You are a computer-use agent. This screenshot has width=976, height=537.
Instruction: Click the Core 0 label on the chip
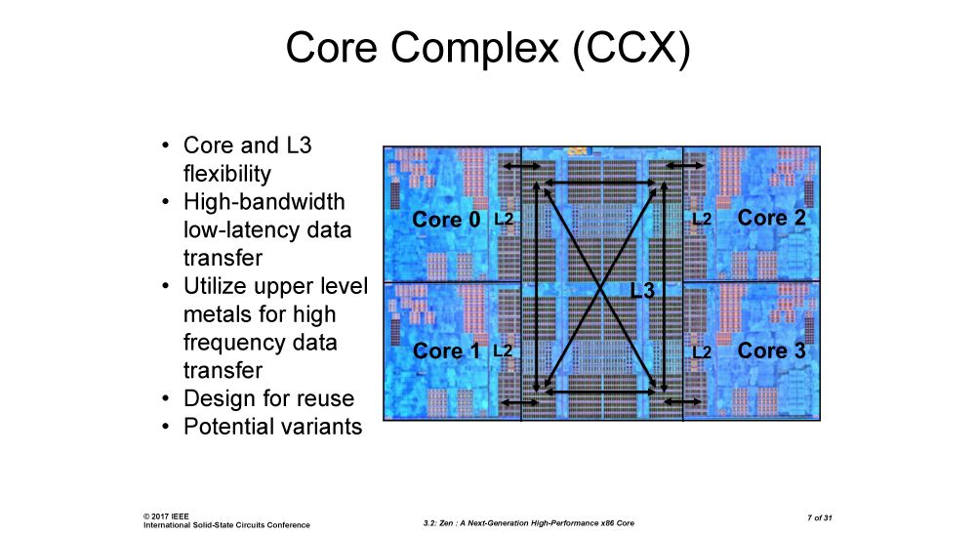click(446, 220)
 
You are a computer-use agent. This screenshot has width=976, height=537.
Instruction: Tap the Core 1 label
click(446, 351)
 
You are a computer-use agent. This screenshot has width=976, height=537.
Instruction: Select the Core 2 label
click(772, 218)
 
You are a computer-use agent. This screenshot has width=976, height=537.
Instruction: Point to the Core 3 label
click(772, 351)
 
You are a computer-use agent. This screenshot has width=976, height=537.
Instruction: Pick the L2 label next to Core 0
click(504, 220)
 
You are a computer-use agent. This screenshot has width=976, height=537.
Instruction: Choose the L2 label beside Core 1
click(504, 351)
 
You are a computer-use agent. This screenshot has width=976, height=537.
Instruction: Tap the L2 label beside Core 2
click(701, 220)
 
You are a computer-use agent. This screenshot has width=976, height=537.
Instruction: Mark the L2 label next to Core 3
click(701, 351)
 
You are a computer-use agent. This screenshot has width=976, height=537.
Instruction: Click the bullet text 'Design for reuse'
click(268, 398)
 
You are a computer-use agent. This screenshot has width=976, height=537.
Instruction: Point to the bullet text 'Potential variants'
click(272, 427)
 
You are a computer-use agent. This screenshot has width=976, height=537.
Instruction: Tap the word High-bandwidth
click(264, 202)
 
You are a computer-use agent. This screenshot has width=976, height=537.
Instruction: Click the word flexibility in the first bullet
click(226, 174)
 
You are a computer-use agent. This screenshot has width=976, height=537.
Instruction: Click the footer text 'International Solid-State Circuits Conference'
click(226, 524)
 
